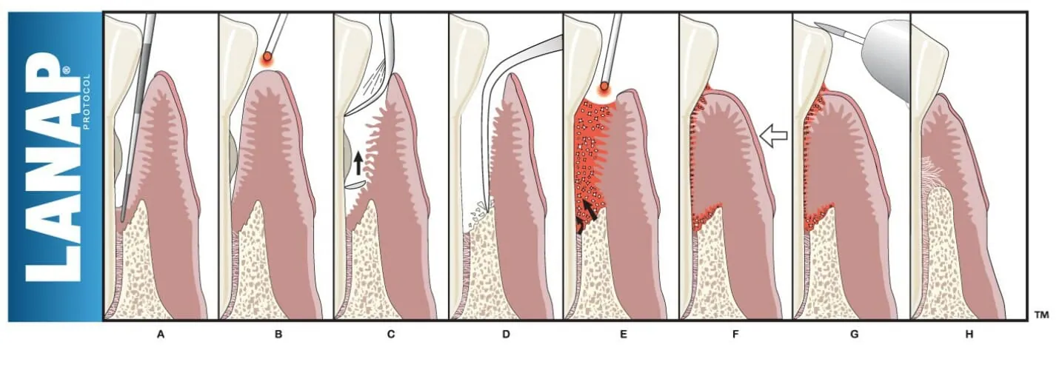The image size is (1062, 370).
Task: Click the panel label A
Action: pyautogui.click(x=160, y=334)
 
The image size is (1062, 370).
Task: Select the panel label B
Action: pyautogui.click(x=278, y=334)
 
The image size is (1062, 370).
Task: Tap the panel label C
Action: pyautogui.click(x=391, y=334)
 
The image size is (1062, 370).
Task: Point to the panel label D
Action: pyautogui.click(x=506, y=334)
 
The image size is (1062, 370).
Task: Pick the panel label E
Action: pyautogui.click(x=623, y=334)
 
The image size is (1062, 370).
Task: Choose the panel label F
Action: pyautogui.click(x=735, y=334)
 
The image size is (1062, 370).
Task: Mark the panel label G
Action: pyautogui.click(x=854, y=334)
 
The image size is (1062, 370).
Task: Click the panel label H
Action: pyautogui.click(x=969, y=334)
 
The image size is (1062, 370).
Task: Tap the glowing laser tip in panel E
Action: pyautogui.click(x=604, y=88)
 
